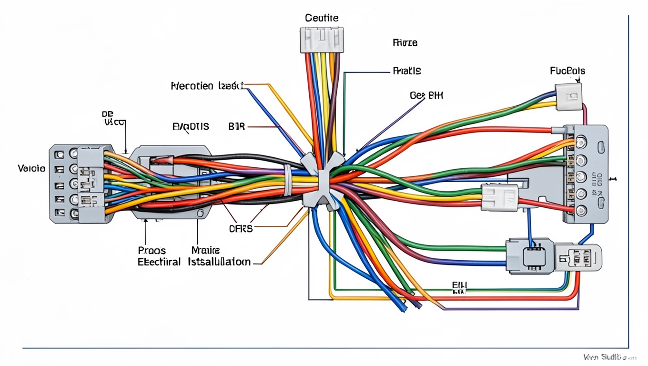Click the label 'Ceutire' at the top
(322, 18)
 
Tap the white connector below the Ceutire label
(322, 40)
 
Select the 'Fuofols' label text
(567, 71)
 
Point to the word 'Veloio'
(31, 168)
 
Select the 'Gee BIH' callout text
(426, 95)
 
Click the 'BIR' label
(236, 127)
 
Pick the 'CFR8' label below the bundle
(241, 228)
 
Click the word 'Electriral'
(159, 262)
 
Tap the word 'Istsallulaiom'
(219, 262)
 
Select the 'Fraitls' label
(406, 71)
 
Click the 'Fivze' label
(405, 43)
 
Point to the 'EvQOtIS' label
(190, 127)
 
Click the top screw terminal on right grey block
(581, 142)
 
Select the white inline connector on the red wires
(499, 197)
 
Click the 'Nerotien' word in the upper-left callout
(192, 86)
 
